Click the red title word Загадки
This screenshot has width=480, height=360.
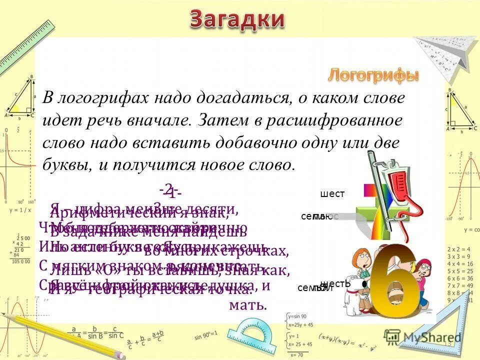(237, 20)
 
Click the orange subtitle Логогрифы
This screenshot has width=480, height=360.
(373, 75)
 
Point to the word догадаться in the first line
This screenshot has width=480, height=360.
(240, 98)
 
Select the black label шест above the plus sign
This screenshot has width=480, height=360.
(332, 194)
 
